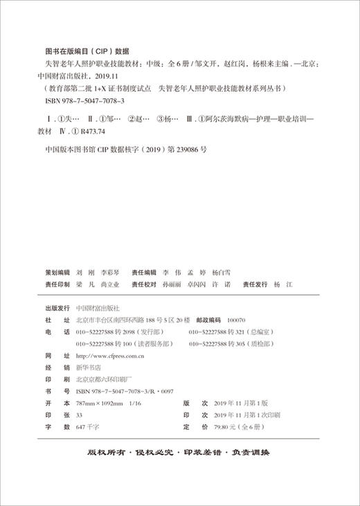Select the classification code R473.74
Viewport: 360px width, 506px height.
tap(93, 130)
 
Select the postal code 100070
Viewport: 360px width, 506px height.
tap(235, 321)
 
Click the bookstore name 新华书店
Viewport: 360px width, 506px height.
tap(88, 368)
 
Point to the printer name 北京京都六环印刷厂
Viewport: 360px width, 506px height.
tap(104, 379)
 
